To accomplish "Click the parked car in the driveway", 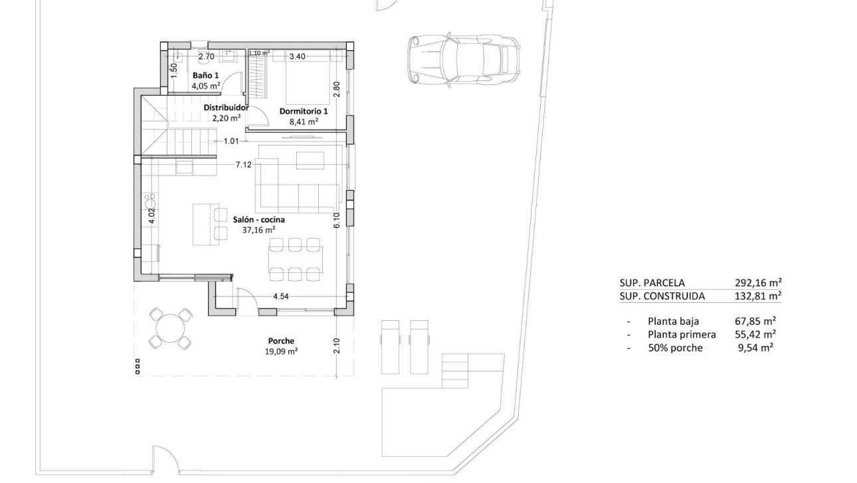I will coord(462,59).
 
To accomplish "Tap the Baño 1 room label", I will coord(205,76).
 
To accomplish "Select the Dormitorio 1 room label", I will coord(303,112).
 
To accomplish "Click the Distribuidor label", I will coord(226,108).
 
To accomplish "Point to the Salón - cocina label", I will coord(260,219).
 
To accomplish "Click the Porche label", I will coord(280,341).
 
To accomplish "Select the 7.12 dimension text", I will coord(243,165).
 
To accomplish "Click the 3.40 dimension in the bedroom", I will coord(297,56).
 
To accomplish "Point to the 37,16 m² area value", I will coord(258,231).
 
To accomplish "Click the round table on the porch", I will coord(170,328).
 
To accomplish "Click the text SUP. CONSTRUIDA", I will coord(662,296).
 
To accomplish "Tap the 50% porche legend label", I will coord(674,347).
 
